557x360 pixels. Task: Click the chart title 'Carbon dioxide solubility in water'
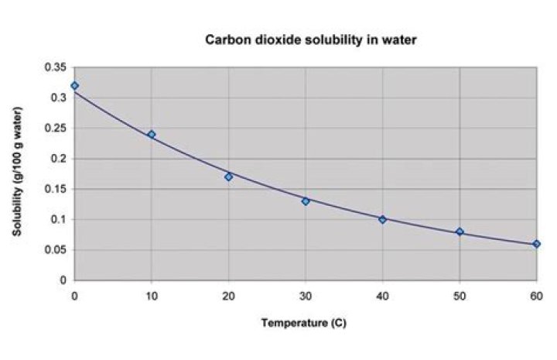[x=310, y=39]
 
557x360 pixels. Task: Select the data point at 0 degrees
[x=74, y=85]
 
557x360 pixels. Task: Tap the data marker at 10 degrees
[x=152, y=134]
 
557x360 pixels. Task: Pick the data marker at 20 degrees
[x=228, y=177]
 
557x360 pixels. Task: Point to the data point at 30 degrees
[x=306, y=201]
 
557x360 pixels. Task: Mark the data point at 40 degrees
[x=382, y=219]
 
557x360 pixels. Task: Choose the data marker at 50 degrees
[x=460, y=231]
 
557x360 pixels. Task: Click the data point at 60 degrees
[x=536, y=244]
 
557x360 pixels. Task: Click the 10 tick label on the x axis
[x=152, y=295]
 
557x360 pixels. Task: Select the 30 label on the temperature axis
[x=306, y=295]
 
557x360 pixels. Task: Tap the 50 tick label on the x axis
[x=460, y=295]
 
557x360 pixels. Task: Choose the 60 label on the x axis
[x=536, y=295]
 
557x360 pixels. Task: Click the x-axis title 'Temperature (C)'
[x=303, y=323]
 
